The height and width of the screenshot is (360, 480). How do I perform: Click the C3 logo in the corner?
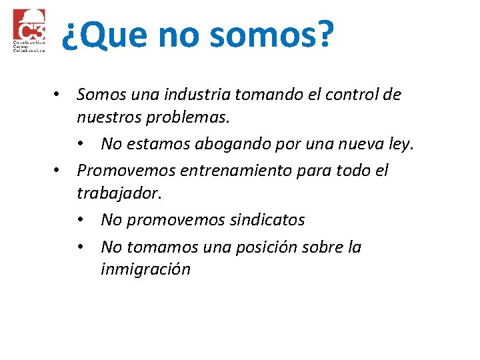(29, 31)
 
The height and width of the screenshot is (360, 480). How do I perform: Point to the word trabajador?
(117, 193)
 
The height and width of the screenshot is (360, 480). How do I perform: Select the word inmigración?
(145, 269)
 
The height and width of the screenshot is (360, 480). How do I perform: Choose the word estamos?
(155, 144)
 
